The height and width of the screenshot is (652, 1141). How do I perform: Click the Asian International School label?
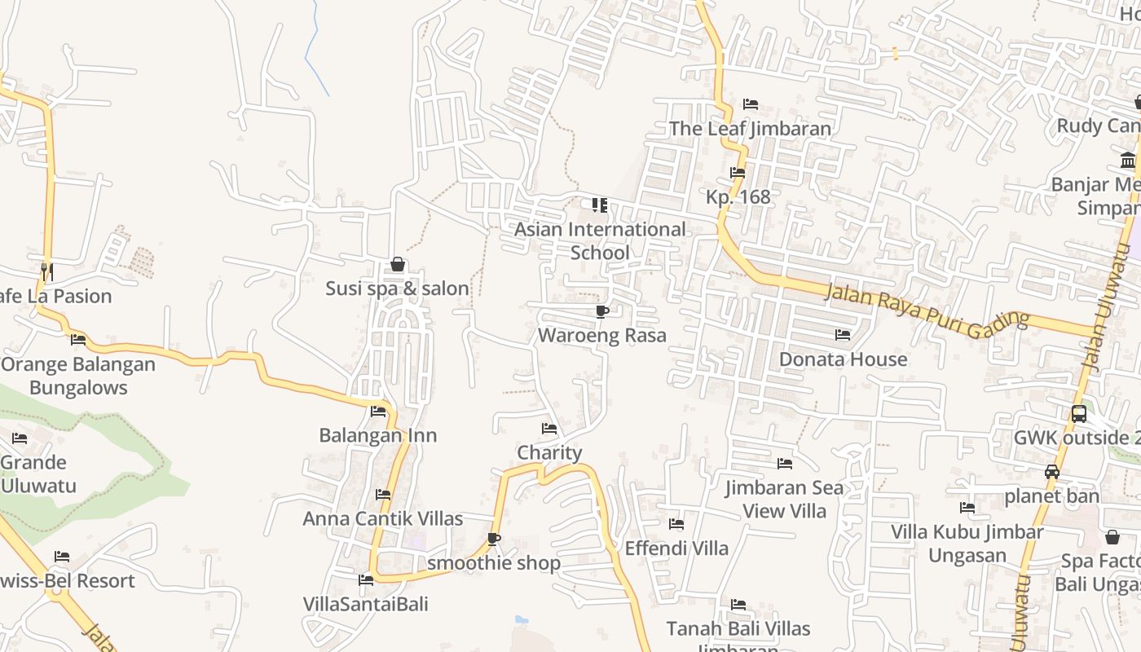point(599,240)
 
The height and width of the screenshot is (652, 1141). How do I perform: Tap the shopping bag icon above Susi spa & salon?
point(398,264)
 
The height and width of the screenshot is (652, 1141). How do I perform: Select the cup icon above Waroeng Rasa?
point(602,311)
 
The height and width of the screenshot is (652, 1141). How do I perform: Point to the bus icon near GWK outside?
point(1078,413)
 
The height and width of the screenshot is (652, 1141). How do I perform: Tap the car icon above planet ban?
point(1052,472)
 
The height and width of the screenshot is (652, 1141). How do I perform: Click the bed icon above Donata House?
point(843,335)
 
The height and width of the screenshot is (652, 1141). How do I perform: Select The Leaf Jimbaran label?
point(750,129)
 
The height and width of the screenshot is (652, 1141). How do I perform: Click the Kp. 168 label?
point(738,196)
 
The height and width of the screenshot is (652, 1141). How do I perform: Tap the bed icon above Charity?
point(549,429)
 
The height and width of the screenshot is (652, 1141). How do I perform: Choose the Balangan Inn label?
point(377,435)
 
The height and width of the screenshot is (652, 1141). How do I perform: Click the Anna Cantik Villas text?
point(382,518)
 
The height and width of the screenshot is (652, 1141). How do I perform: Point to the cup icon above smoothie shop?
point(493,539)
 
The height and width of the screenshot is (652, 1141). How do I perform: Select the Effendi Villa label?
point(676,548)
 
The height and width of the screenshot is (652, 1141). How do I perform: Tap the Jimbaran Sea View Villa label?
point(785,499)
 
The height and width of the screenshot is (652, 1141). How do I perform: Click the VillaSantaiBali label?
point(365,604)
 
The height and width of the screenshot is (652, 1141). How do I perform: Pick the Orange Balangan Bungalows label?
point(78,375)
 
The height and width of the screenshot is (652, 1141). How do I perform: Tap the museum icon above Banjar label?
point(1128,160)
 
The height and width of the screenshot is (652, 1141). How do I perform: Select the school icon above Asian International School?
point(600,205)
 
